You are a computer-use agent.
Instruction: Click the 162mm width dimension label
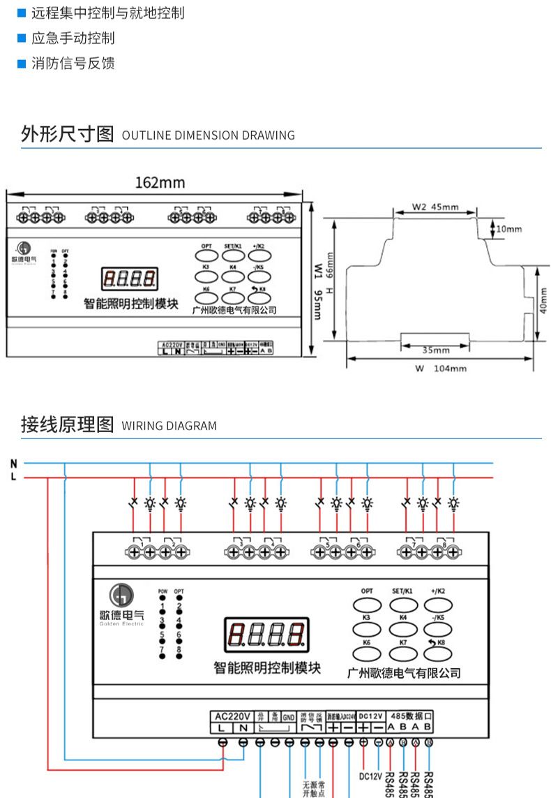160,183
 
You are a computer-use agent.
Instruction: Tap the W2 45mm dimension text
435,207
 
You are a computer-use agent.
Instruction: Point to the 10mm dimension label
509,229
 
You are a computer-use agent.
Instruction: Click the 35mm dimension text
437,350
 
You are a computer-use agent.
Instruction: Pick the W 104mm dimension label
441,369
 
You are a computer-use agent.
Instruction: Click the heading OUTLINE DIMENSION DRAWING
208,135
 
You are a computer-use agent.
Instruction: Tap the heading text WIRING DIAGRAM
169,426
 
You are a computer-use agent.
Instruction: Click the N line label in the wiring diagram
14,463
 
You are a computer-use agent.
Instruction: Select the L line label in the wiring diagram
14,477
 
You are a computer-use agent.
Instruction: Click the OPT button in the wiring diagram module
367,605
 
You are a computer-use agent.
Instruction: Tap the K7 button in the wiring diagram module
402,653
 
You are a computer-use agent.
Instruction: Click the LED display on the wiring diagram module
266,633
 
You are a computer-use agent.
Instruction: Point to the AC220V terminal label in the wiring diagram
232,716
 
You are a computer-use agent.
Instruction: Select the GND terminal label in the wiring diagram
289,716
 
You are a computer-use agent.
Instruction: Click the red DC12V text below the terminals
370,776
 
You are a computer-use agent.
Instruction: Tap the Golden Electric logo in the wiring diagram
121,605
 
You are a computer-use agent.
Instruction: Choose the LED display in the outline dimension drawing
130,279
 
